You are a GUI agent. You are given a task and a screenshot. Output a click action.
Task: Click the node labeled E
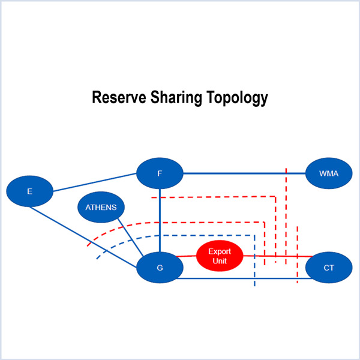29,191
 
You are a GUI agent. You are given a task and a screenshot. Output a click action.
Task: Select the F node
160,173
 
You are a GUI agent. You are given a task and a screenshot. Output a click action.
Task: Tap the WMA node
329,173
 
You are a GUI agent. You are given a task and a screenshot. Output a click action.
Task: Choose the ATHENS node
101,208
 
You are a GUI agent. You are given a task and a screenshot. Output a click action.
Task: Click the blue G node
160,268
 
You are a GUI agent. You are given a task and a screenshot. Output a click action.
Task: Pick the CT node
329,268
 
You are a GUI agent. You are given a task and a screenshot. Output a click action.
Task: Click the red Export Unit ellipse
220,256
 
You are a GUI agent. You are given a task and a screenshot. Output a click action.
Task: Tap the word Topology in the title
238,97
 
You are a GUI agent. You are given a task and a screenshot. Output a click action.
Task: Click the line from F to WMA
240,173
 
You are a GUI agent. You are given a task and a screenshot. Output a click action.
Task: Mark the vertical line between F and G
160,219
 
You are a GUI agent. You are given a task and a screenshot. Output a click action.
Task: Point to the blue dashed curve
180,236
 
